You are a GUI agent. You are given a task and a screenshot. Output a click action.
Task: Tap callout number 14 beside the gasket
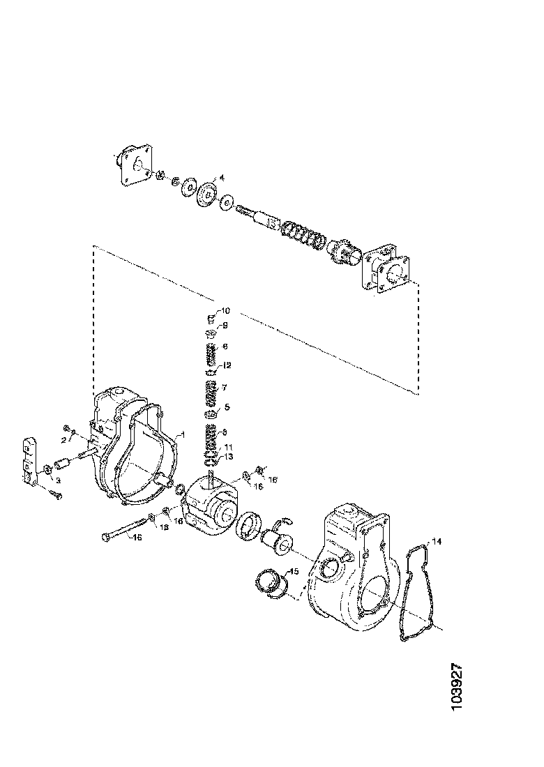pos(437,542)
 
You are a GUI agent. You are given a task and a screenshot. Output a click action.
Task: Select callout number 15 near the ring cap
pos(294,571)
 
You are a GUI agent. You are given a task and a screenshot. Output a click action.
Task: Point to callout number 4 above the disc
pos(221,178)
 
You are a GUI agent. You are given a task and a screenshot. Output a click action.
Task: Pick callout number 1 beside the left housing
pos(181,434)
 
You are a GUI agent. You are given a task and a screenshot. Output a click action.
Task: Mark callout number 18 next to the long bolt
pos(165,528)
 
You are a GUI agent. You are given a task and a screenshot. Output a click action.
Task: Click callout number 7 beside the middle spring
pos(225,387)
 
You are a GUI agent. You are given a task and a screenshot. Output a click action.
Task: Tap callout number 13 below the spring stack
pos(229,456)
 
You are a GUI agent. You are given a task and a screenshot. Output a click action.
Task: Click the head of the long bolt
pos(105,538)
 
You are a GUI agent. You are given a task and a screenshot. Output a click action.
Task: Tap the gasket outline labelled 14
pos(416,593)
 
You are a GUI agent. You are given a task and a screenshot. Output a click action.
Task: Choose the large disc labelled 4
pos(207,193)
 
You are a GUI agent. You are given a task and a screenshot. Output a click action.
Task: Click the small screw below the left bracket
pos(56,495)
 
